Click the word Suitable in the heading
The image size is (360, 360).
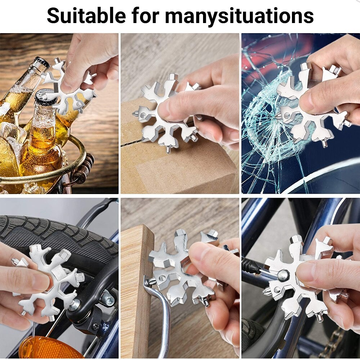[x=86, y=15]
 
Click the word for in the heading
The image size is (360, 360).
[x=145, y=15]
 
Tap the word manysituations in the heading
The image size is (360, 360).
[x=239, y=16]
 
